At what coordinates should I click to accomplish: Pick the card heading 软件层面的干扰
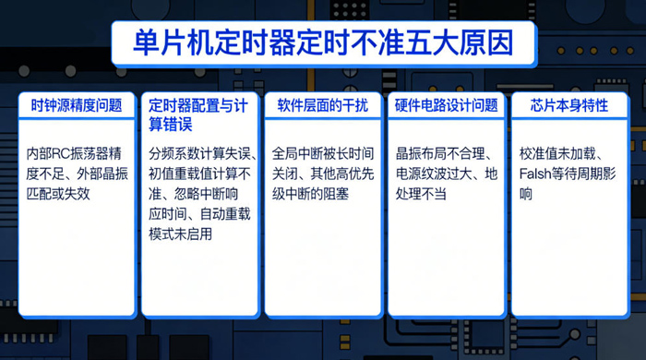coord(322,106)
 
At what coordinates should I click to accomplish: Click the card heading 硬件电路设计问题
coord(446,106)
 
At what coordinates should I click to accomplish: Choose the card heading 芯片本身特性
coord(569,106)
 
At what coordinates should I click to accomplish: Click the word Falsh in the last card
coord(537,174)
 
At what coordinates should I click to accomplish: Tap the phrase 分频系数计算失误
coord(194,153)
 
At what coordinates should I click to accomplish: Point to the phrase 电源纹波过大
coord(434,174)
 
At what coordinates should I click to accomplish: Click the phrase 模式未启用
coord(180,234)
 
